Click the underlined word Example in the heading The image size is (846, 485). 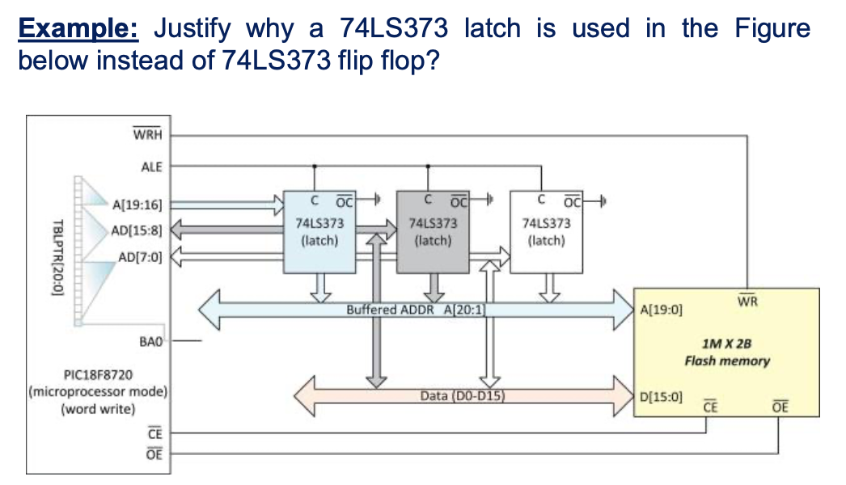(79, 29)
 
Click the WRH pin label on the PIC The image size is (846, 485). (147, 134)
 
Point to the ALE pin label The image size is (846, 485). (151, 167)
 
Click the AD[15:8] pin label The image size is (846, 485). (140, 230)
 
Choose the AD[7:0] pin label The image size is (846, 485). (140, 258)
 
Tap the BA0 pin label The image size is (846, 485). (151, 341)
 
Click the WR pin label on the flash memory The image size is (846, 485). (747, 302)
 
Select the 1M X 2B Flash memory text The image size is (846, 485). (727, 352)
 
